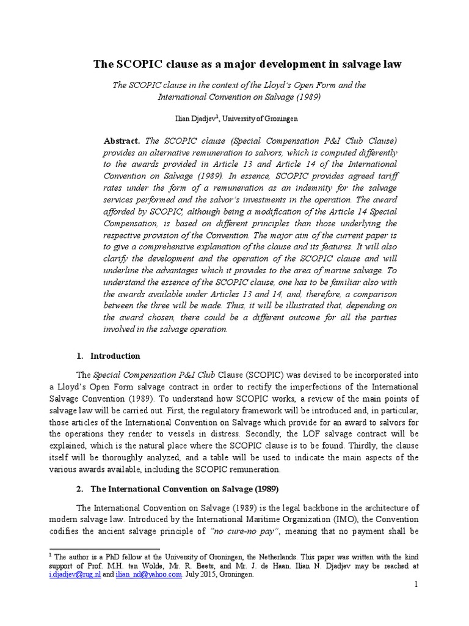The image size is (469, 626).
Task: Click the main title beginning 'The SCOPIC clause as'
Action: click(x=247, y=64)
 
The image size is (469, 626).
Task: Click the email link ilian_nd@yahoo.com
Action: click(x=150, y=575)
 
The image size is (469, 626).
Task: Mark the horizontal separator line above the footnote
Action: click(x=104, y=549)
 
